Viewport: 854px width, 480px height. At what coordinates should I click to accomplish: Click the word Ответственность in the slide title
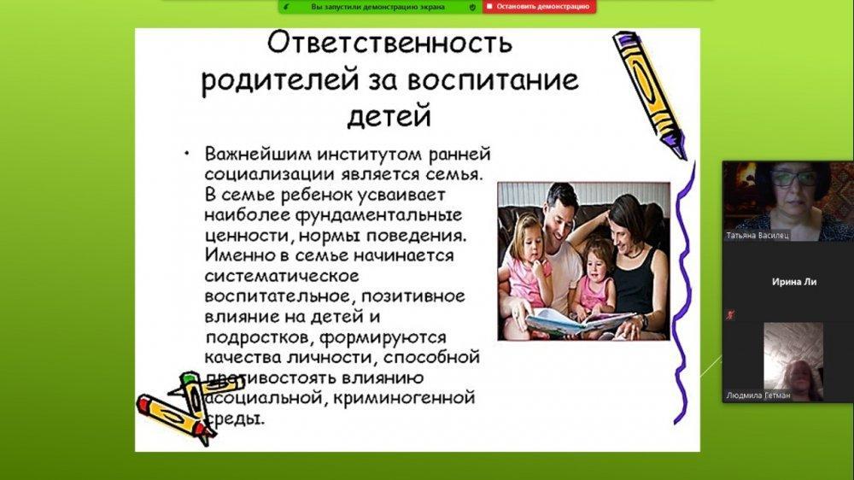(x=389, y=43)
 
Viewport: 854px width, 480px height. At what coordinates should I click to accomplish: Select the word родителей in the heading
(x=280, y=80)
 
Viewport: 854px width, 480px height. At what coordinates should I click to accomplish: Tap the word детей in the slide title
(x=389, y=115)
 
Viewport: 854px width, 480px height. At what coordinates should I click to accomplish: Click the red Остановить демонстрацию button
(x=539, y=7)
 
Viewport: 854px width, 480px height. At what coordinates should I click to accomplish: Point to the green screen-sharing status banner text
(x=378, y=7)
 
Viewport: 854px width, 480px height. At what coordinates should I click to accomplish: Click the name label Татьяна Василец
(x=757, y=236)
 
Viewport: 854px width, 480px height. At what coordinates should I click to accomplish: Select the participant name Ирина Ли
(x=794, y=282)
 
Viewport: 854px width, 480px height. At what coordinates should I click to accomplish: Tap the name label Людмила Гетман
(x=757, y=395)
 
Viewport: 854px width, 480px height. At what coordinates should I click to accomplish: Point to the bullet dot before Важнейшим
(x=187, y=154)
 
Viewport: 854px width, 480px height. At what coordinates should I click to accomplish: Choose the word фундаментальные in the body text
(x=378, y=215)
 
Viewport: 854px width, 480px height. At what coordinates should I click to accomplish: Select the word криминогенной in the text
(x=404, y=398)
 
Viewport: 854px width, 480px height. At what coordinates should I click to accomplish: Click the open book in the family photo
(x=579, y=321)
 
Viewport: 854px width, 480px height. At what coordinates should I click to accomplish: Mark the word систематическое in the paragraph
(x=282, y=276)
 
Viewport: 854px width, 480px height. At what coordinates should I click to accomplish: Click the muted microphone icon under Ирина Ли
(x=730, y=315)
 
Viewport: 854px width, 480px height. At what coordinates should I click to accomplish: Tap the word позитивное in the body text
(x=412, y=296)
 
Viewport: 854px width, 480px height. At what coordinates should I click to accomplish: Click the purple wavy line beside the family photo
(x=681, y=294)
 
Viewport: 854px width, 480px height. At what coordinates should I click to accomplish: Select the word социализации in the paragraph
(x=270, y=174)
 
